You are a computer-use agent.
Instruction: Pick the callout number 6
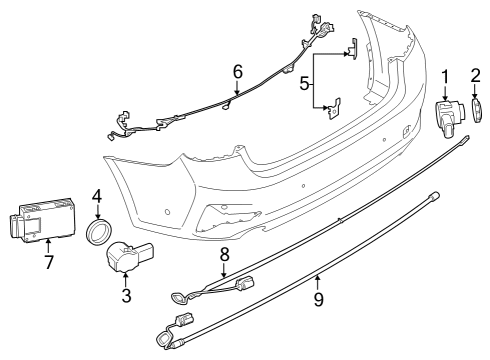tap(237, 71)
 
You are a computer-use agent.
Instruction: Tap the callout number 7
tap(48, 261)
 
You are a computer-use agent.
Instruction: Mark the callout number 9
tap(319, 298)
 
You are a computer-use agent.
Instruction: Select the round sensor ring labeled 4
tap(99, 233)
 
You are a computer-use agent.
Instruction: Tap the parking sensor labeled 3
tap(129, 258)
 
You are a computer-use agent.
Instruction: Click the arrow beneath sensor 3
tap(127, 280)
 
